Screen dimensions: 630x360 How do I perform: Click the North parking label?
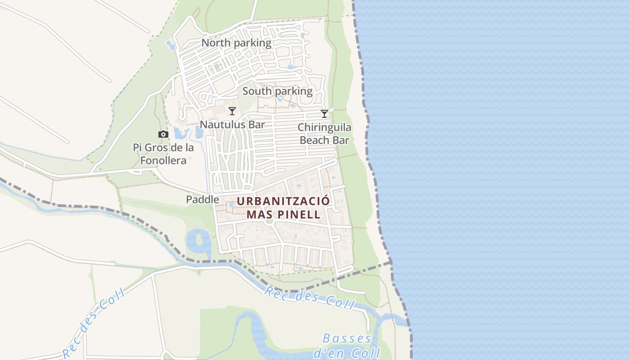236,43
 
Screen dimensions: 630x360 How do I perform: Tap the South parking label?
277,91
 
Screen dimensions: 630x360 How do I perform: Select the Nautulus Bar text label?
232,125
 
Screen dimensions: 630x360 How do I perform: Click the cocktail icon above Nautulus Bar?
232,111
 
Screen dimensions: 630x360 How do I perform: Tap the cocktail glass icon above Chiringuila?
324,114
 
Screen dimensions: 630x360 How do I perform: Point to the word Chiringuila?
324,128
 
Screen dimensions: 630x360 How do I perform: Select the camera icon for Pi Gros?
163,135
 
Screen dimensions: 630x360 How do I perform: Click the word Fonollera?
163,160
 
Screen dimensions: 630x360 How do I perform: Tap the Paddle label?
203,200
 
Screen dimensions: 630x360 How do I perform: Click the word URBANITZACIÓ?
283,201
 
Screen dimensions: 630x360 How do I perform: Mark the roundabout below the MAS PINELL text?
270,220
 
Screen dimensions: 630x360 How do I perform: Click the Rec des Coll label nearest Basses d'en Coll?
309,297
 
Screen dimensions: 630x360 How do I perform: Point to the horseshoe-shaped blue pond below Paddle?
198,241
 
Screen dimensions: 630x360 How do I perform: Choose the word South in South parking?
257,91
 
